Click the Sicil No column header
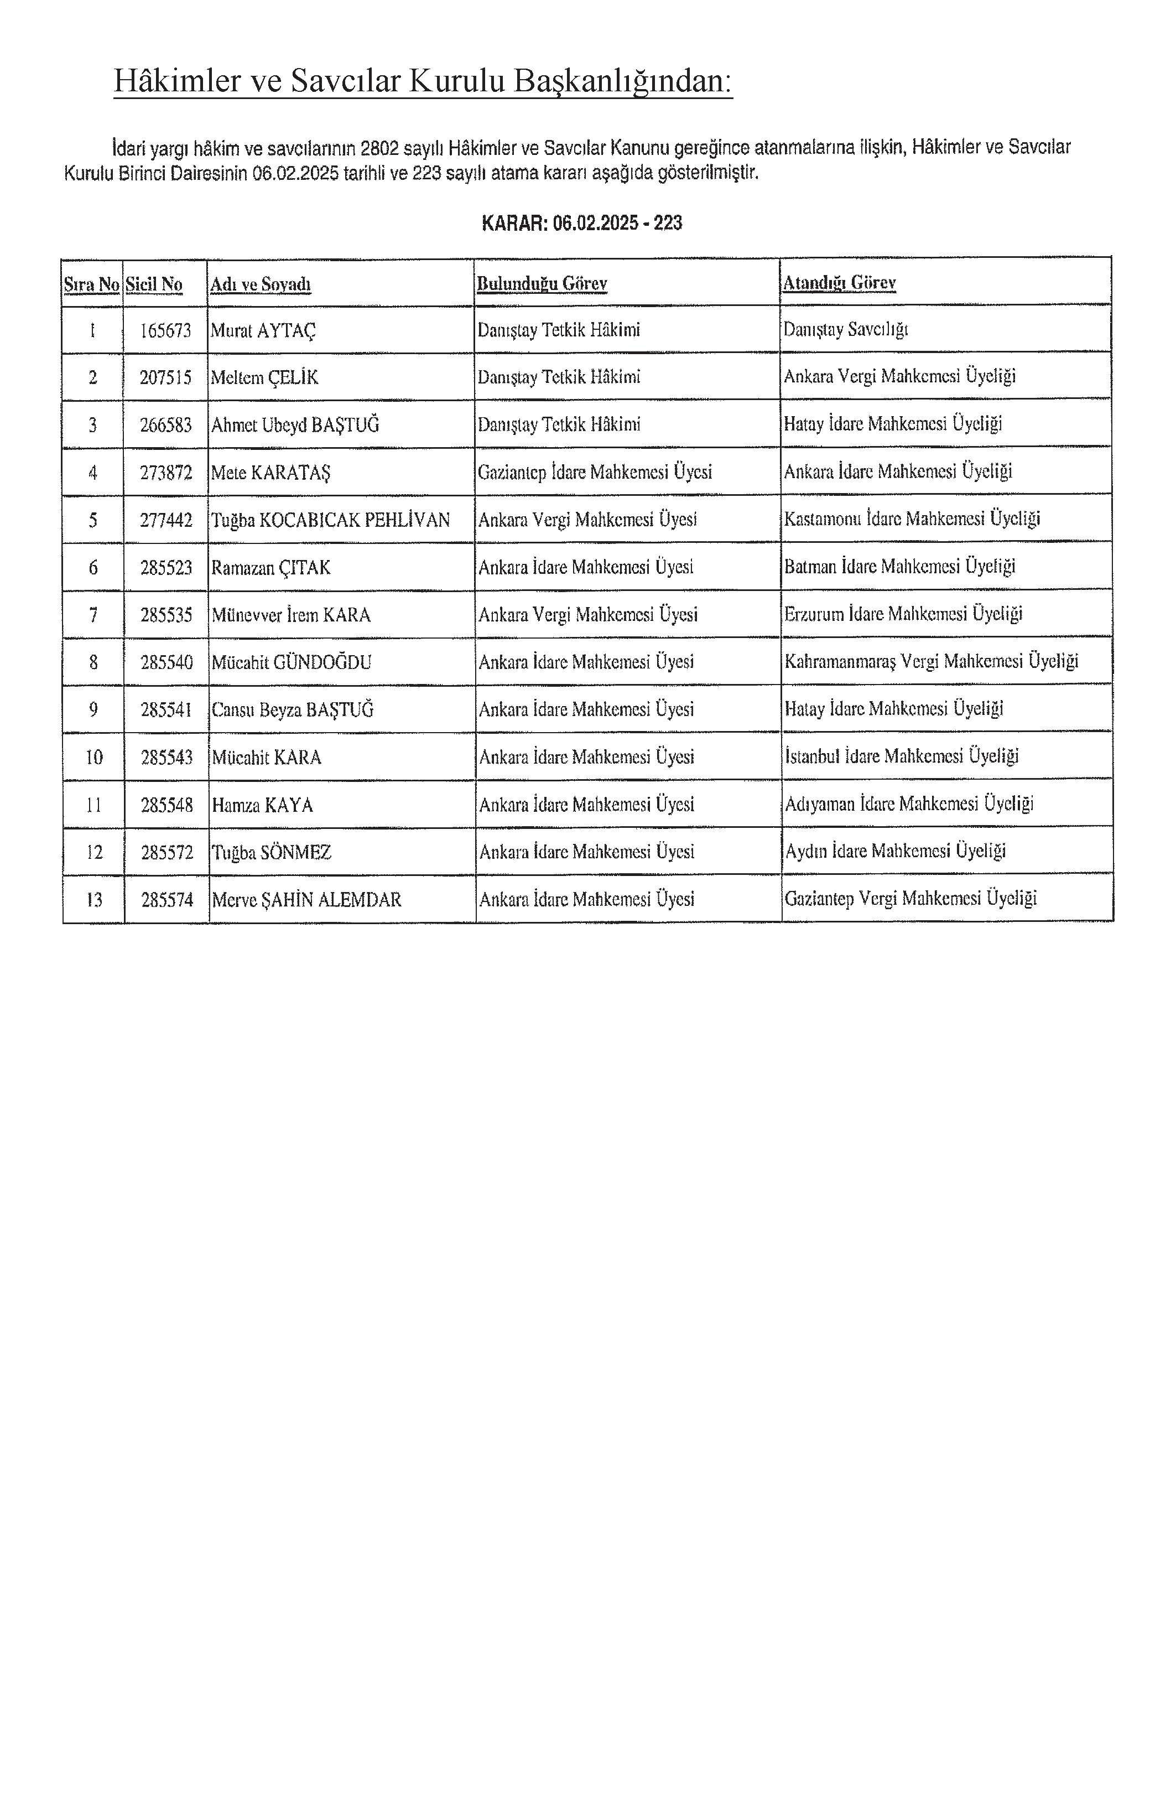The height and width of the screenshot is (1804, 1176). coord(154,284)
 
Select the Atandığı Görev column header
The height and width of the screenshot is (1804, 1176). coord(839,283)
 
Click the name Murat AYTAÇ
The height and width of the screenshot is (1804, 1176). coord(263,330)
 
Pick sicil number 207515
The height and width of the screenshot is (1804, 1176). coord(165,377)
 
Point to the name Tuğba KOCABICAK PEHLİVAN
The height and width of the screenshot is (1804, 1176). coord(330,520)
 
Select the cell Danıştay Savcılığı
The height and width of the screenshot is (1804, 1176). coord(846,330)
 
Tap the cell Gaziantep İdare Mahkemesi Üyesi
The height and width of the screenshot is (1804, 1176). coord(595,472)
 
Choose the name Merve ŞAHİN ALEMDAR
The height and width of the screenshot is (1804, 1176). coord(306,900)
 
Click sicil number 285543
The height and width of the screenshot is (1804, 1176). coord(166,757)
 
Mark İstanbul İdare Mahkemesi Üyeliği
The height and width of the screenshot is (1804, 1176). coord(902,756)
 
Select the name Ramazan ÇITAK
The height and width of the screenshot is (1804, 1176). coord(270,568)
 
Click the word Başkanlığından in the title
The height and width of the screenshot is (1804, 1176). coord(623,81)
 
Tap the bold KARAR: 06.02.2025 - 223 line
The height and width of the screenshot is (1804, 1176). coord(582,223)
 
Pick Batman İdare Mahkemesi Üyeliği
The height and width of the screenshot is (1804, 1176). coord(899,566)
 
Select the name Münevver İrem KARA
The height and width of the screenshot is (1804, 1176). coord(291,615)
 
